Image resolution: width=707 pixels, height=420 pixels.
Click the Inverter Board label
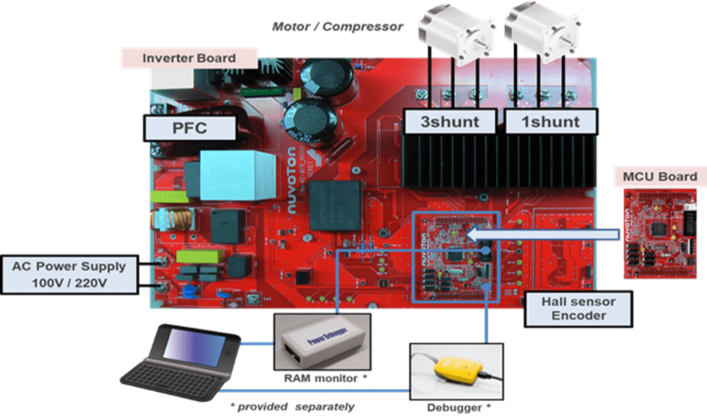tap(189, 58)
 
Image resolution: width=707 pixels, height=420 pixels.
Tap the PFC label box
tap(190, 128)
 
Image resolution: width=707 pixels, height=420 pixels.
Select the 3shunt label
tap(450, 122)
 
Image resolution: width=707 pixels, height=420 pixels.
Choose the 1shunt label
tap(551, 122)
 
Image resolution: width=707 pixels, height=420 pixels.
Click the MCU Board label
tap(660, 177)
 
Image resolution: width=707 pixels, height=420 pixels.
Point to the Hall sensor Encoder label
tap(578, 309)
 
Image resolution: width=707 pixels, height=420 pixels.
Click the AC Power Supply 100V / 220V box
tap(69, 275)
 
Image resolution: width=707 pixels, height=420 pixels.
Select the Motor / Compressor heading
tap(337, 27)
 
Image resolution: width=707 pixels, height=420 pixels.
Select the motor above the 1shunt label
tap(542, 31)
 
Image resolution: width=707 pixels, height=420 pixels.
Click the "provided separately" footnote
tap(292, 407)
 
